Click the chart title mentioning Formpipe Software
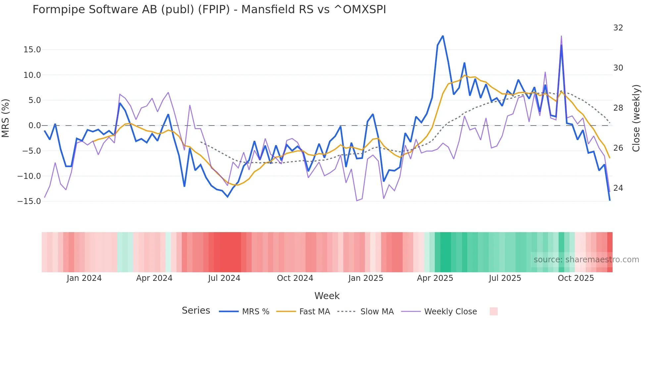209,10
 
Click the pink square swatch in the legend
493,311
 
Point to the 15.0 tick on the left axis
32,50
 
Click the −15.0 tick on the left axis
29,201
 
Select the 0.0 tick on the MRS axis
34,126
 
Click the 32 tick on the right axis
618,28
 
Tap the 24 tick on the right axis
618,188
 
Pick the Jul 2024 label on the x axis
224,278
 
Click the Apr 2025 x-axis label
435,278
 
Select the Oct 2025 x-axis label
575,278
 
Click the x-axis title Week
327,296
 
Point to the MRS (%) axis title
6,118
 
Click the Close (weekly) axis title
636,118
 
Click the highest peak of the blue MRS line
443,36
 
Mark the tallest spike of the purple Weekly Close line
561,36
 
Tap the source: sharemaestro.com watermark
586,260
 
